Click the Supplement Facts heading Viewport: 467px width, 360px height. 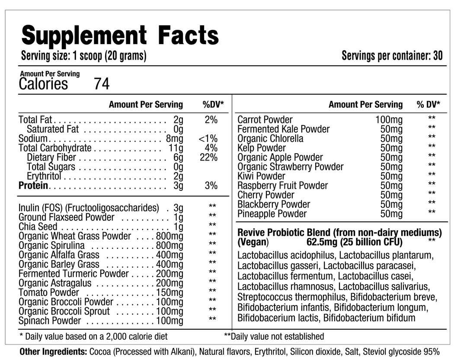tap(120, 35)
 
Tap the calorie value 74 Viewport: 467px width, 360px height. tap(102, 84)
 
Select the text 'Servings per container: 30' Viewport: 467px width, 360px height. tap(392, 56)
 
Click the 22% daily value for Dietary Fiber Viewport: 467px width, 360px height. tap(208, 157)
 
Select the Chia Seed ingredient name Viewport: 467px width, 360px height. tap(38, 227)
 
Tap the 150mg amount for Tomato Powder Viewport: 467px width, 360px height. tap(170, 292)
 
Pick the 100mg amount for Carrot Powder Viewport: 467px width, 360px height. tap(389, 120)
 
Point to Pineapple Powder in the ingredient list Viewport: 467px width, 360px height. tap(272, 214)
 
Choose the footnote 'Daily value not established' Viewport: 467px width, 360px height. tap(277, 336)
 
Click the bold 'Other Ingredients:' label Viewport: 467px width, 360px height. tap(54, 351)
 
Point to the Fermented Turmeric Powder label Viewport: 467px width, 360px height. tap(74, 274)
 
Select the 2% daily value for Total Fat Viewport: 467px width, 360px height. tap(211, 120)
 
